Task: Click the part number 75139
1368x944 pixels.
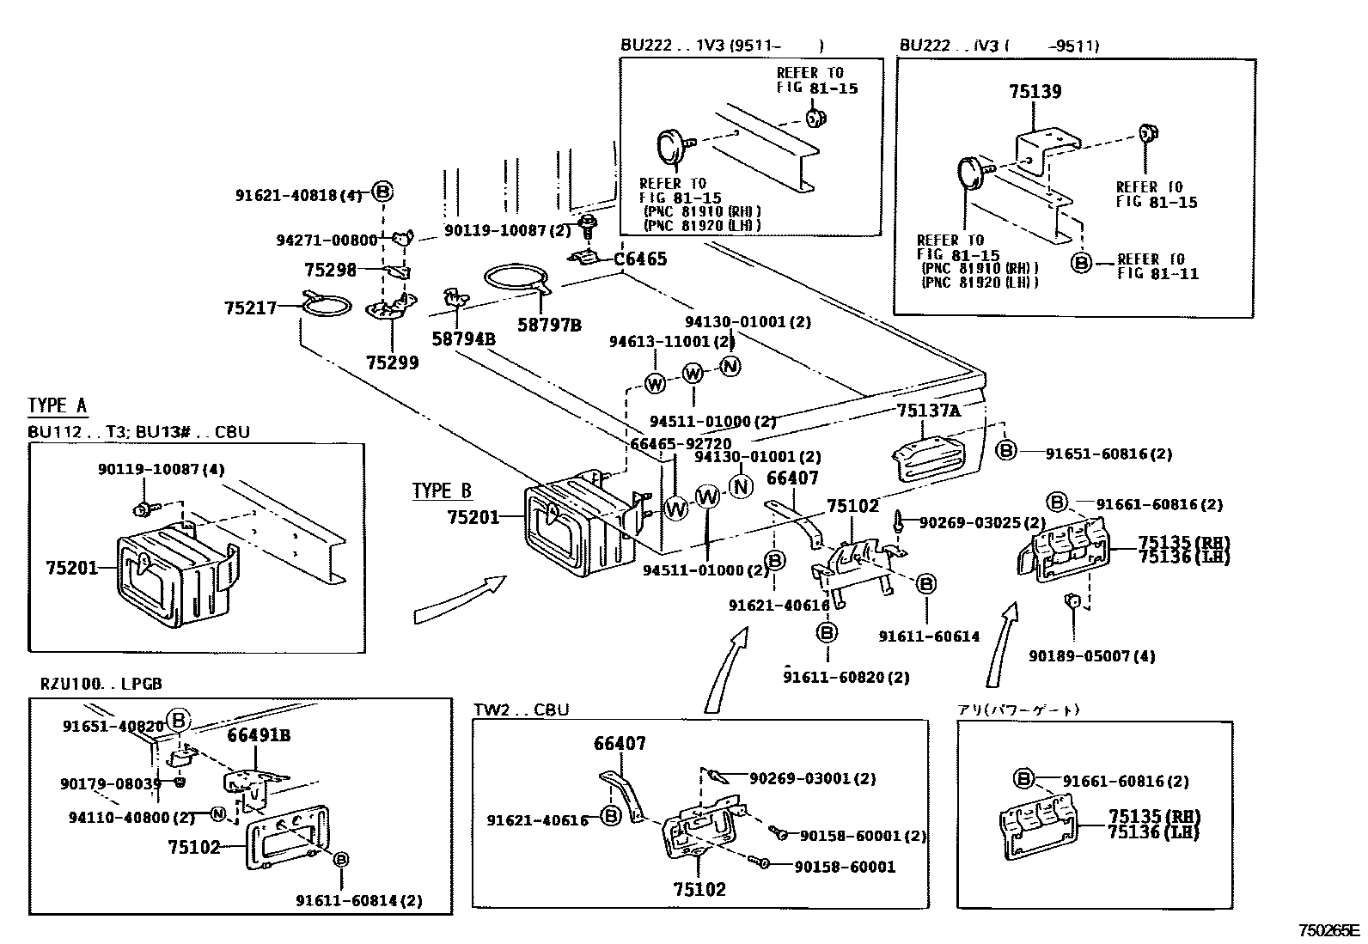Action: click(1035, 92)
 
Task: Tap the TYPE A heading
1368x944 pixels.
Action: click(58, 405)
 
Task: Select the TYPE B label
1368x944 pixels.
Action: click(442, 491)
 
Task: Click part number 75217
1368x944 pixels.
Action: click(251, 308)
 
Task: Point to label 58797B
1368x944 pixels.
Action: click(549, 326)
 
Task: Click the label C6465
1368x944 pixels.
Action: click(640, 259)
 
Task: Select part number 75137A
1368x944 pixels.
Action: click(928, 411)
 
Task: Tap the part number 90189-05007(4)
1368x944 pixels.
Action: click(1092, 656)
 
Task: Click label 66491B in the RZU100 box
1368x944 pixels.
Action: click(259, 735)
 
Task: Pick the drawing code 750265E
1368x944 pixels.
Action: click(1328, 930)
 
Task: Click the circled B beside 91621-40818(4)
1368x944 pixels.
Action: click(383, 192)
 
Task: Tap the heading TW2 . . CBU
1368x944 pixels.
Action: click(521, 710)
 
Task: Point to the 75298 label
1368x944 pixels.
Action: click(330, 270)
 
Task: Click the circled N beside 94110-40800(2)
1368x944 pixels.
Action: click(218, 813)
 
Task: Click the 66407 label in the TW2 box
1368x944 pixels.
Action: click(620, 744)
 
